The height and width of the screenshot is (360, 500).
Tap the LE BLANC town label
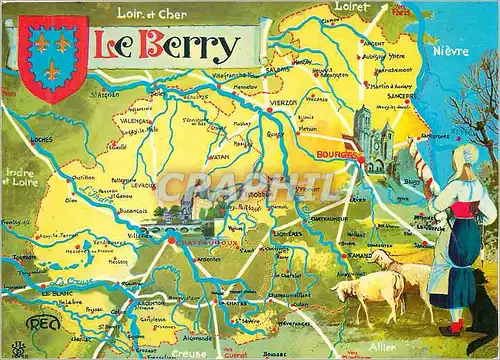pyautogui.click(x=54, y=293)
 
